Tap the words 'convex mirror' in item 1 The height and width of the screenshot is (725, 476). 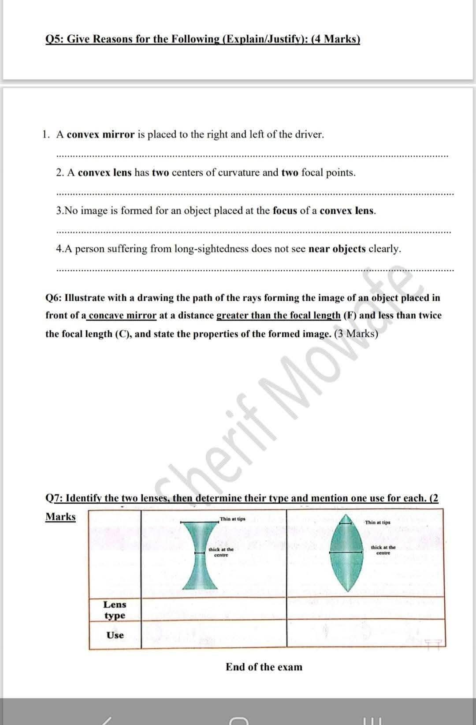point(100,135)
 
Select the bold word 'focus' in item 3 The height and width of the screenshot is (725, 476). point(285,210)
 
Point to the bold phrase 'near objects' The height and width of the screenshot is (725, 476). point(337,249)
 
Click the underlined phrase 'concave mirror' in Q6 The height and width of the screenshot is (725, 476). point(123,315)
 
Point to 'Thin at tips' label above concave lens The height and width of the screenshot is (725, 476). point(233,519)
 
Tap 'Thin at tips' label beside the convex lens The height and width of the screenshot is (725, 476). point(378,522)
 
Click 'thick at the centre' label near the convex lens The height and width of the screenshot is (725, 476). point(383,550)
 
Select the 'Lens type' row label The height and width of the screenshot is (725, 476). point(115,609)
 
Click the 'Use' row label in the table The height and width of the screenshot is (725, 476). point(115,635)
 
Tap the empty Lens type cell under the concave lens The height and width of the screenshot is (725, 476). point(214,609)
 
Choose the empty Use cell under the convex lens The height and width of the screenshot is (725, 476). point(365,634)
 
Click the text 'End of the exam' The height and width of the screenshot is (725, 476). point(264,667)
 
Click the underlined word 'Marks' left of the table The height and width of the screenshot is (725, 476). point(60,516)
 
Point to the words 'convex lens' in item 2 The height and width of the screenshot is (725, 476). point(104,172)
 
